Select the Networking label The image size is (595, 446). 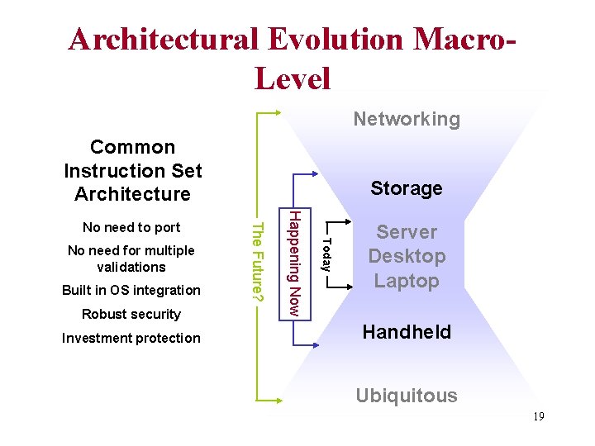(x=407, y=119)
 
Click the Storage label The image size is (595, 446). (x=407, y=188)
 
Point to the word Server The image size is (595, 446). (x=407, y=232)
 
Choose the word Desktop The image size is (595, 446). (x=407, y=256)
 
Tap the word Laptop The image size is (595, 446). (x=407, y=281)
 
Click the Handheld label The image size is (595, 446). (x=407, y=332)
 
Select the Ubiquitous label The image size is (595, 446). (x=407, y=396)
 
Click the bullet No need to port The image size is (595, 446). (x=131, y=227)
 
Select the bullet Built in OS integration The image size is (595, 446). (x=131, y=290)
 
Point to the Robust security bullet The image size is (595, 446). (x=131, y=314)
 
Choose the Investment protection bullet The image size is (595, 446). (x=131, y=338)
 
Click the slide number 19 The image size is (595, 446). (x=537, y=416)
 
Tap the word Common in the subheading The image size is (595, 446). (x=133, y=147)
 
